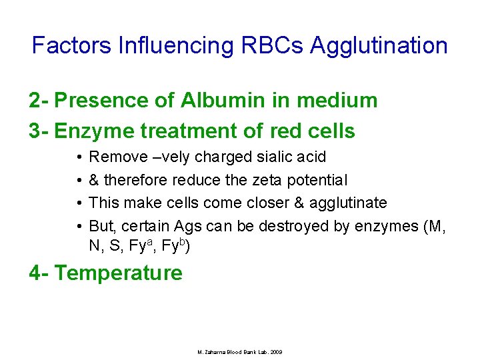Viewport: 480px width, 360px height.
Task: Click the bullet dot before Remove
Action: pyautogui.click(x=79, y=157)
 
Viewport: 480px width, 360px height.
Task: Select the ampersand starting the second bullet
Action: pyautogui.click(x=94, y=180)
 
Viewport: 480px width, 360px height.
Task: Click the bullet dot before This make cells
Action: pyautogui.click(x=79, y=203)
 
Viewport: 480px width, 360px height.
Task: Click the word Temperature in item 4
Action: pyautogui.click(x=118, y=273)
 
